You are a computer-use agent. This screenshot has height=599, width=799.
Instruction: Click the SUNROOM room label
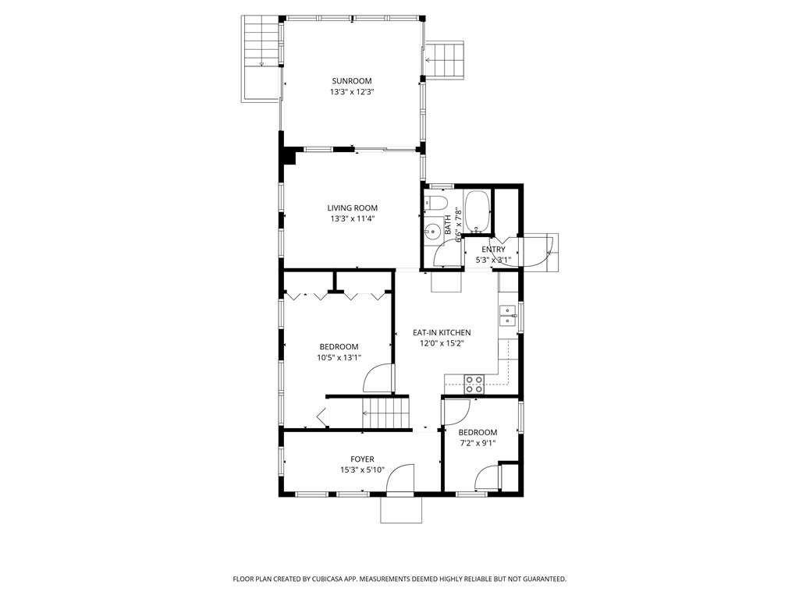click(351, 81)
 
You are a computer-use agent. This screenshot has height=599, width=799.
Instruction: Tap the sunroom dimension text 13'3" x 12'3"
click(351, 92)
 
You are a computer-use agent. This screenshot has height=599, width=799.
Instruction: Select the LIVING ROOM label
click(352, 208)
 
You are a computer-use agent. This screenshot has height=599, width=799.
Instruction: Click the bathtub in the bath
click(476, 211)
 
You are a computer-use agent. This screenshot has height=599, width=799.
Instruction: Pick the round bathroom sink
click(432, 232)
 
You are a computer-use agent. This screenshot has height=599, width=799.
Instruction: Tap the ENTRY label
click(493, 250)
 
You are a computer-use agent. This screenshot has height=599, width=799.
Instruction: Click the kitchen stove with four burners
click(474, 382)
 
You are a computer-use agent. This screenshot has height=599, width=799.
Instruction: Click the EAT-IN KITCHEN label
click(442, 333)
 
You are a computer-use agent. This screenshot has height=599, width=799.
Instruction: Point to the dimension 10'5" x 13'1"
click(339, 358)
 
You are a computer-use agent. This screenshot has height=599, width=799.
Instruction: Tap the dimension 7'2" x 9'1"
click(478, 444)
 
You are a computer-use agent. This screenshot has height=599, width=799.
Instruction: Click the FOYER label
click(362, 459)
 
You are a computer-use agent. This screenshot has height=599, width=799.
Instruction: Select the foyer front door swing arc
click(401, 478)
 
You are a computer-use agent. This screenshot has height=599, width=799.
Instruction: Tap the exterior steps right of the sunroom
click(444, 59)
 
